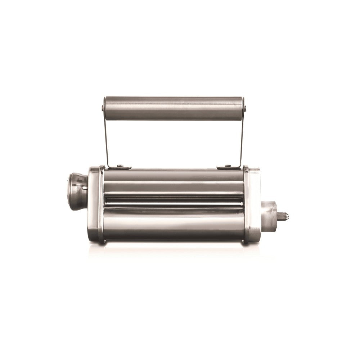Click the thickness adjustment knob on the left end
[77, 191]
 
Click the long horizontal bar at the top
[173, 108]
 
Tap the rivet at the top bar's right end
[244, 108]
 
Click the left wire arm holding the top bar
[107, 140]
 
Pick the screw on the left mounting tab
[120, 166]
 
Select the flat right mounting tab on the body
[228, 167]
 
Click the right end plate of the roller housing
[252, 205]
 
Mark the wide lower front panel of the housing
[173, 227]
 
